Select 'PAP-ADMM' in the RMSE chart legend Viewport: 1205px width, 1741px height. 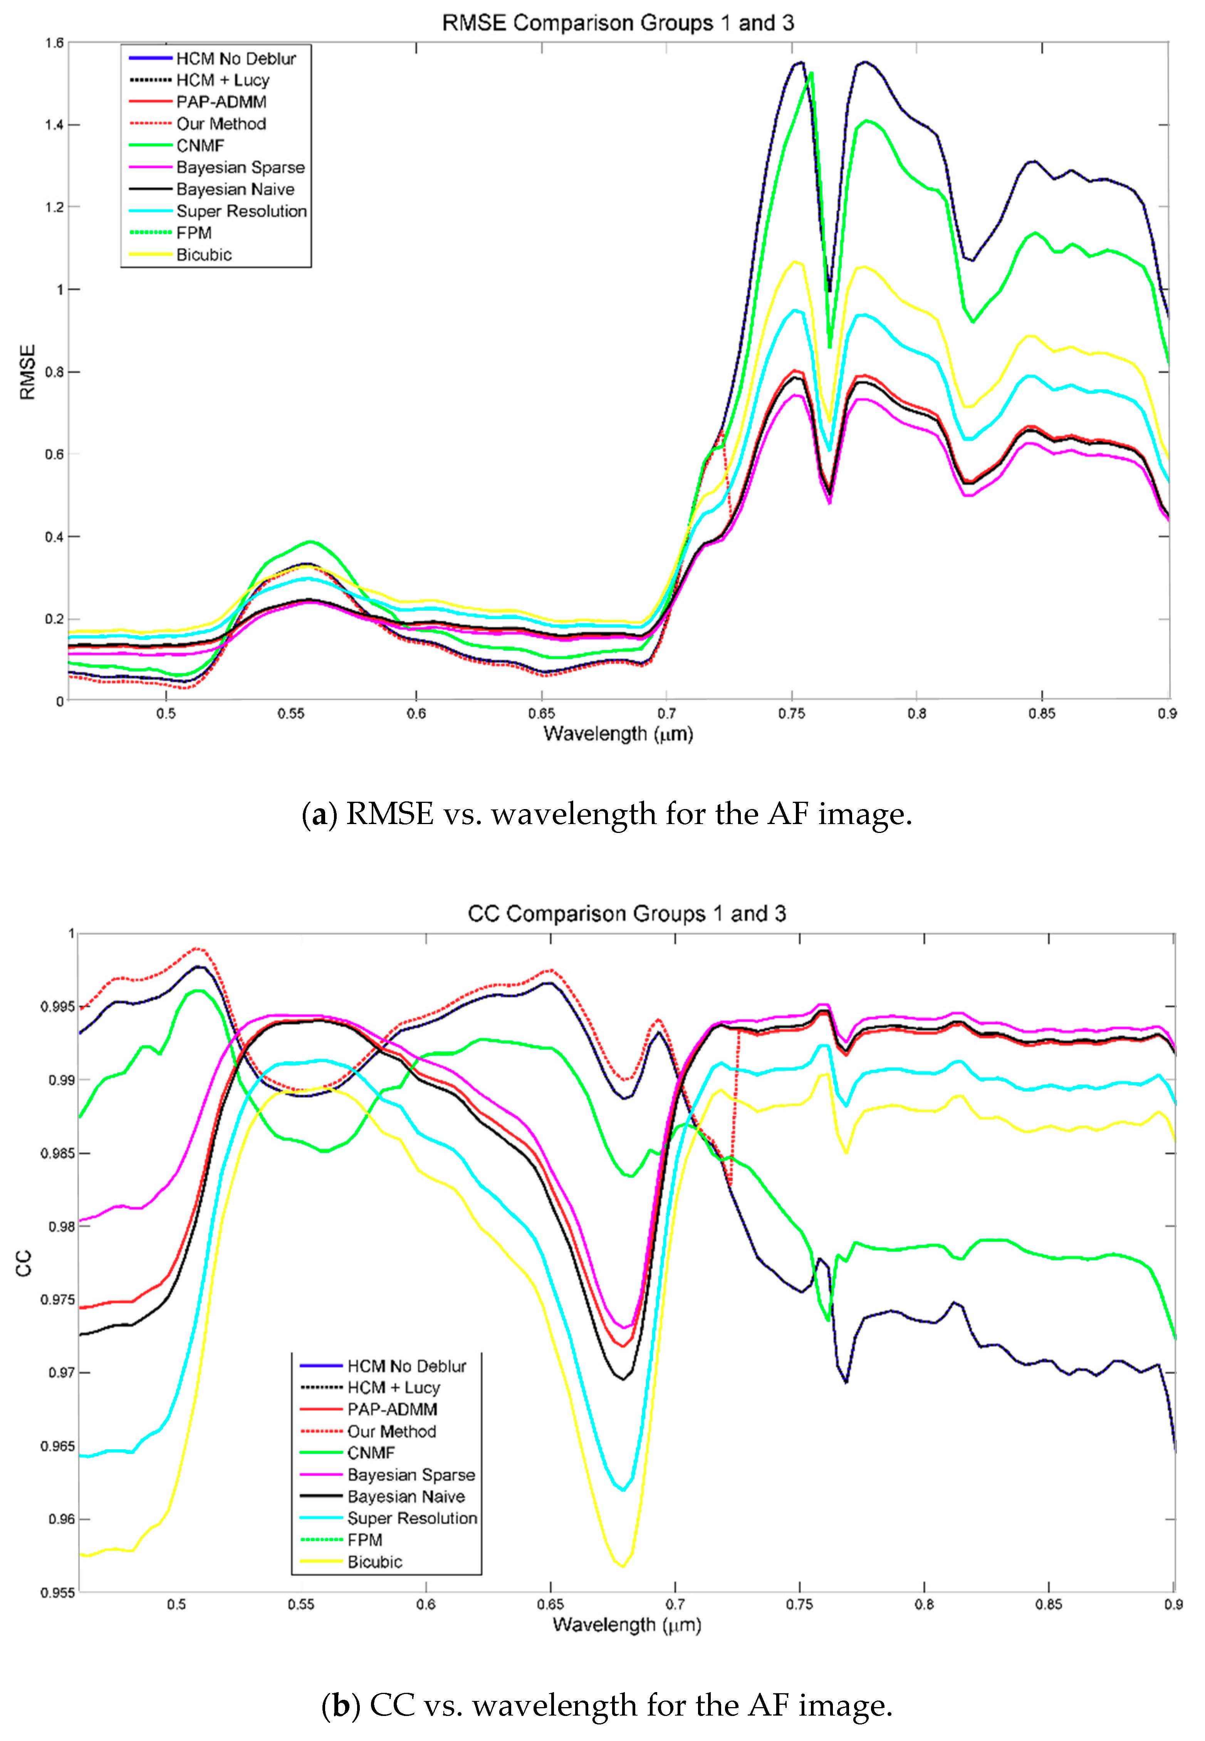221,102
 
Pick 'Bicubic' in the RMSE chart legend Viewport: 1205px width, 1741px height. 204,254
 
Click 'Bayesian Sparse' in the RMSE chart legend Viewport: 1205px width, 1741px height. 240,168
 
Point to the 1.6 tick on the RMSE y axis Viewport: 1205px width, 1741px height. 54,43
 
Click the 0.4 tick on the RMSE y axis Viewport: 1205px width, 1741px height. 54,537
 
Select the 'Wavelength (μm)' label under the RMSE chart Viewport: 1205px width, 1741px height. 618,734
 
